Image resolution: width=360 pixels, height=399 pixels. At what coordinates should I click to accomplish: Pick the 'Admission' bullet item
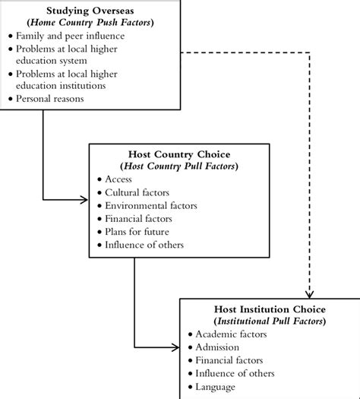tap(219, 347)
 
